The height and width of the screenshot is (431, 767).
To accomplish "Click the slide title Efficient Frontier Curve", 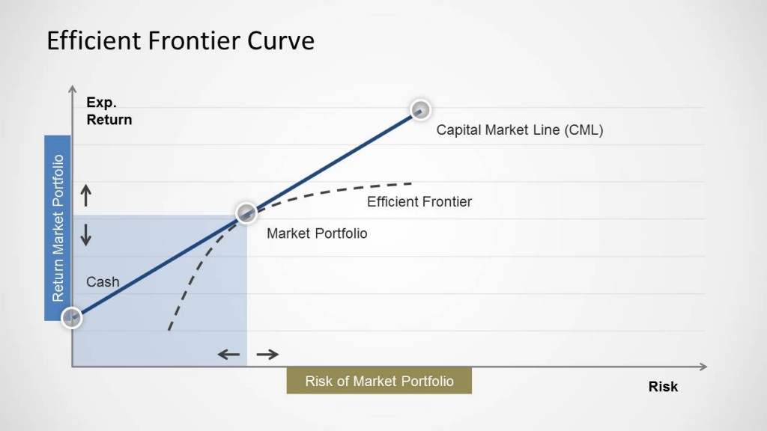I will pyautogui.click(x=181, y=40).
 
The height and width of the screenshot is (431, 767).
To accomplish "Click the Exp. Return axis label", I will pyautogui.click(x=109, y=111).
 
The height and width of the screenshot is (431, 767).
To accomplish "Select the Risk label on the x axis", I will pyautogui.click(x=663, y=386).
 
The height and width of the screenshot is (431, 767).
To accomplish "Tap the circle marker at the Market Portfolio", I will pyautogui.click(x=246, y=213).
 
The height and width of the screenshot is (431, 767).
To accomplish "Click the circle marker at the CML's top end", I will pyautogui.click(x=421, y=110).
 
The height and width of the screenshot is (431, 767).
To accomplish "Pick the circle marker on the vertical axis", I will pyautogui.click(x=71, y=317).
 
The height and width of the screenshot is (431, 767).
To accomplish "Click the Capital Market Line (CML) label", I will pyautogui.click(x=519, y=129).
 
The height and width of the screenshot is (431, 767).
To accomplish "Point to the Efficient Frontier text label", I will pyautogui.click(x=419, y=201).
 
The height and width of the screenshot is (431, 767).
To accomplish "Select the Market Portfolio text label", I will pyautogui.click(x=317, y=233).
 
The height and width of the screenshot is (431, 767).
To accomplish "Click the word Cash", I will pyautogui.click(x=103, y=282).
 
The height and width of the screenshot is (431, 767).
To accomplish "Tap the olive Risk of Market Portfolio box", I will pyautogui.click(x=379, y=381).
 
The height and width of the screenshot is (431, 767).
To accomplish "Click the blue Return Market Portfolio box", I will pyautogui.click(x=58, y=227).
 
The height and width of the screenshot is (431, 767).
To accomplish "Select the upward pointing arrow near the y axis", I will pyautogui.click(x=86, y=196).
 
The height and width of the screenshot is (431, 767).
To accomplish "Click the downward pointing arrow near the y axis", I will pyautogui.click(x=86, y=235).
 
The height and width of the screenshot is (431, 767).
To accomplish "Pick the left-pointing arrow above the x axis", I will pyautogui.click(x=229, y=354).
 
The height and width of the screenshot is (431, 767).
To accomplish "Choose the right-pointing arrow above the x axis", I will pyautogui.click(x=267, y=354).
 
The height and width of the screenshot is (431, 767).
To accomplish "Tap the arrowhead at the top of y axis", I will pyautogui.click(x=72, y=90).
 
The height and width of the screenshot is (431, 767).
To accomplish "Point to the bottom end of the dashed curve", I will pyautogui.click(x=170, y=328).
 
